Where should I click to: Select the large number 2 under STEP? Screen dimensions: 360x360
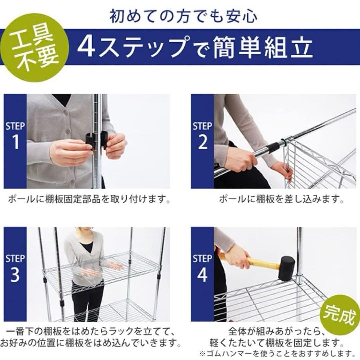pos(203,142)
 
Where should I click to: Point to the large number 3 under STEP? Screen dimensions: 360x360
pos(15,275)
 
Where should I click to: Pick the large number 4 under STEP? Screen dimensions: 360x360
pos(202,275)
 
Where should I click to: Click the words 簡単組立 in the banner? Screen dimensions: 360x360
pos(263,48)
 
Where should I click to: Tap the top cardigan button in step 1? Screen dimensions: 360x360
pos(67,112)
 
